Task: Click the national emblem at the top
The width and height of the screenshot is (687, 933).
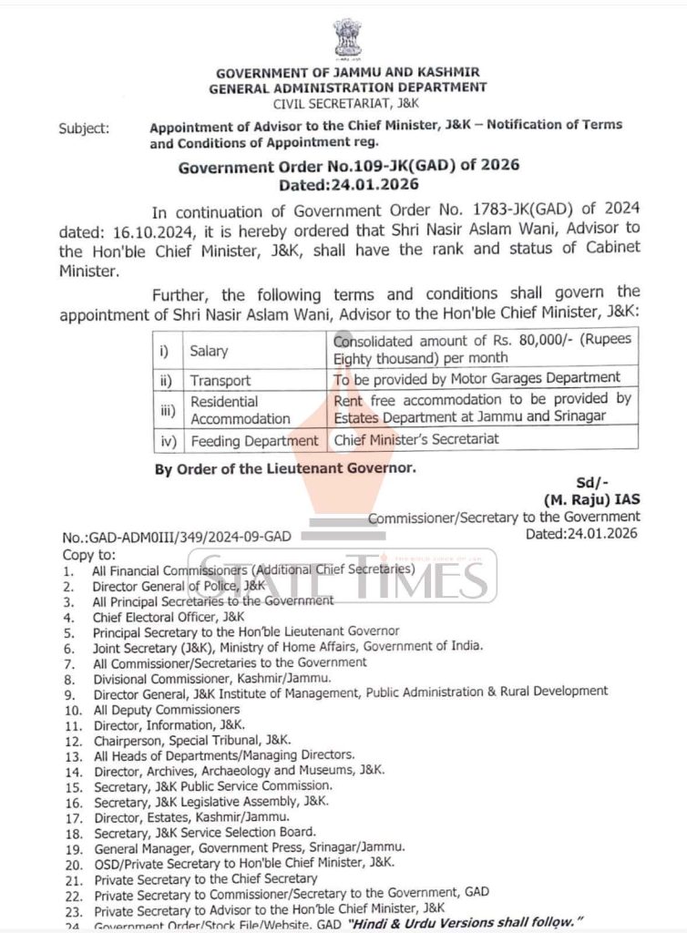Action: click(x=347, y=37)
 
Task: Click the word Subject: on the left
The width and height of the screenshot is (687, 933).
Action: click(x=84, y=128)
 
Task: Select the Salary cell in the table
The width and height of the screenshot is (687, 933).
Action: click(x=209, y=351)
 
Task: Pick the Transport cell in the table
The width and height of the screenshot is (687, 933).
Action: click(x=220, y=381)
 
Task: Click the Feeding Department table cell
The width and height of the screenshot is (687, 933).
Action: click(x=253, y=441)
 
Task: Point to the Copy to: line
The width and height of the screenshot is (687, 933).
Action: click(x=88, y=554)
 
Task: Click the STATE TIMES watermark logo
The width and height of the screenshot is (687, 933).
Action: click(x=347, y=578)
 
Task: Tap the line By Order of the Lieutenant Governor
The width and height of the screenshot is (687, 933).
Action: click(x=284, y=467)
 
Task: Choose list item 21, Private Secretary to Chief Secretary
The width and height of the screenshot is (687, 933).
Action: click(x=205, y=878)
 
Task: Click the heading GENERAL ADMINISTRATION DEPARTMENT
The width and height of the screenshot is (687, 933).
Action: click(x=347, y=87)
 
